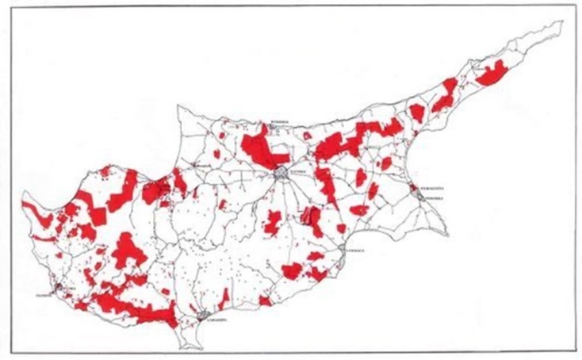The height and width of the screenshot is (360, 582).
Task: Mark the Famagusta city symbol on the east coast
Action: [415, 190]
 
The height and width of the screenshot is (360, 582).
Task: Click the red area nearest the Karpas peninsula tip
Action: [492, 73]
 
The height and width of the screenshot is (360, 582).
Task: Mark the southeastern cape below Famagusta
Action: [450, 233]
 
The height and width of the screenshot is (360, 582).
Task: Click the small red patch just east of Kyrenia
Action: [307, 136]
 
